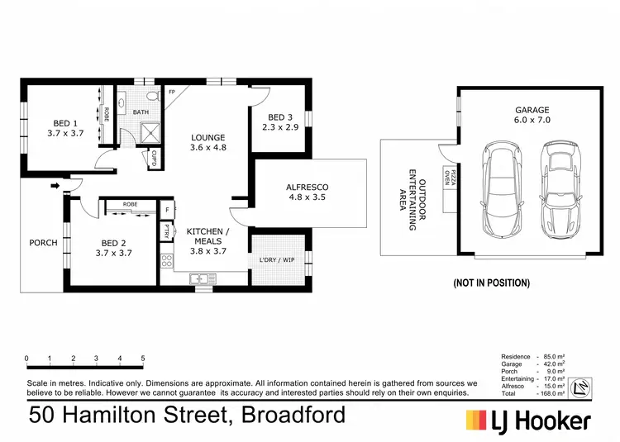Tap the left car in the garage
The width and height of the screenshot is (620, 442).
coord(500,189)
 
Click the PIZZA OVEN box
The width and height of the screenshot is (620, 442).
coord(451,196)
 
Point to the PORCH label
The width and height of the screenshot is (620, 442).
coord(43,243)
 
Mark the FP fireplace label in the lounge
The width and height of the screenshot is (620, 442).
coord(171,92)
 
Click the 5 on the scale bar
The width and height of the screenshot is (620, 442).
coord(143,359)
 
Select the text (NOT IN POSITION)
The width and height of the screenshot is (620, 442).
coord(491,283)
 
